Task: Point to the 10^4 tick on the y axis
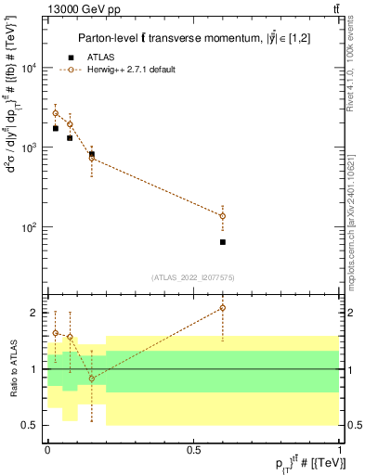click(30, 69)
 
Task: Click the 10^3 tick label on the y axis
click(30, 148)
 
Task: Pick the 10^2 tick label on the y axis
click(30, 227)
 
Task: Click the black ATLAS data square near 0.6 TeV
click(223, 242)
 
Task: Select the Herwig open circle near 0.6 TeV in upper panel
click(223, 216)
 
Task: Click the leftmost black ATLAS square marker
click(55, 128)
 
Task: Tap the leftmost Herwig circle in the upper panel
click(55, 113)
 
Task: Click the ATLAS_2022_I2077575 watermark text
click(193, 276)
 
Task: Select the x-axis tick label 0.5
click(193, 448)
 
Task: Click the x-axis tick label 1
click(340, 448)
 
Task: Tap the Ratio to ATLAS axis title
click(13, 368)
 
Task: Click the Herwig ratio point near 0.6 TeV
click(223, 308)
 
